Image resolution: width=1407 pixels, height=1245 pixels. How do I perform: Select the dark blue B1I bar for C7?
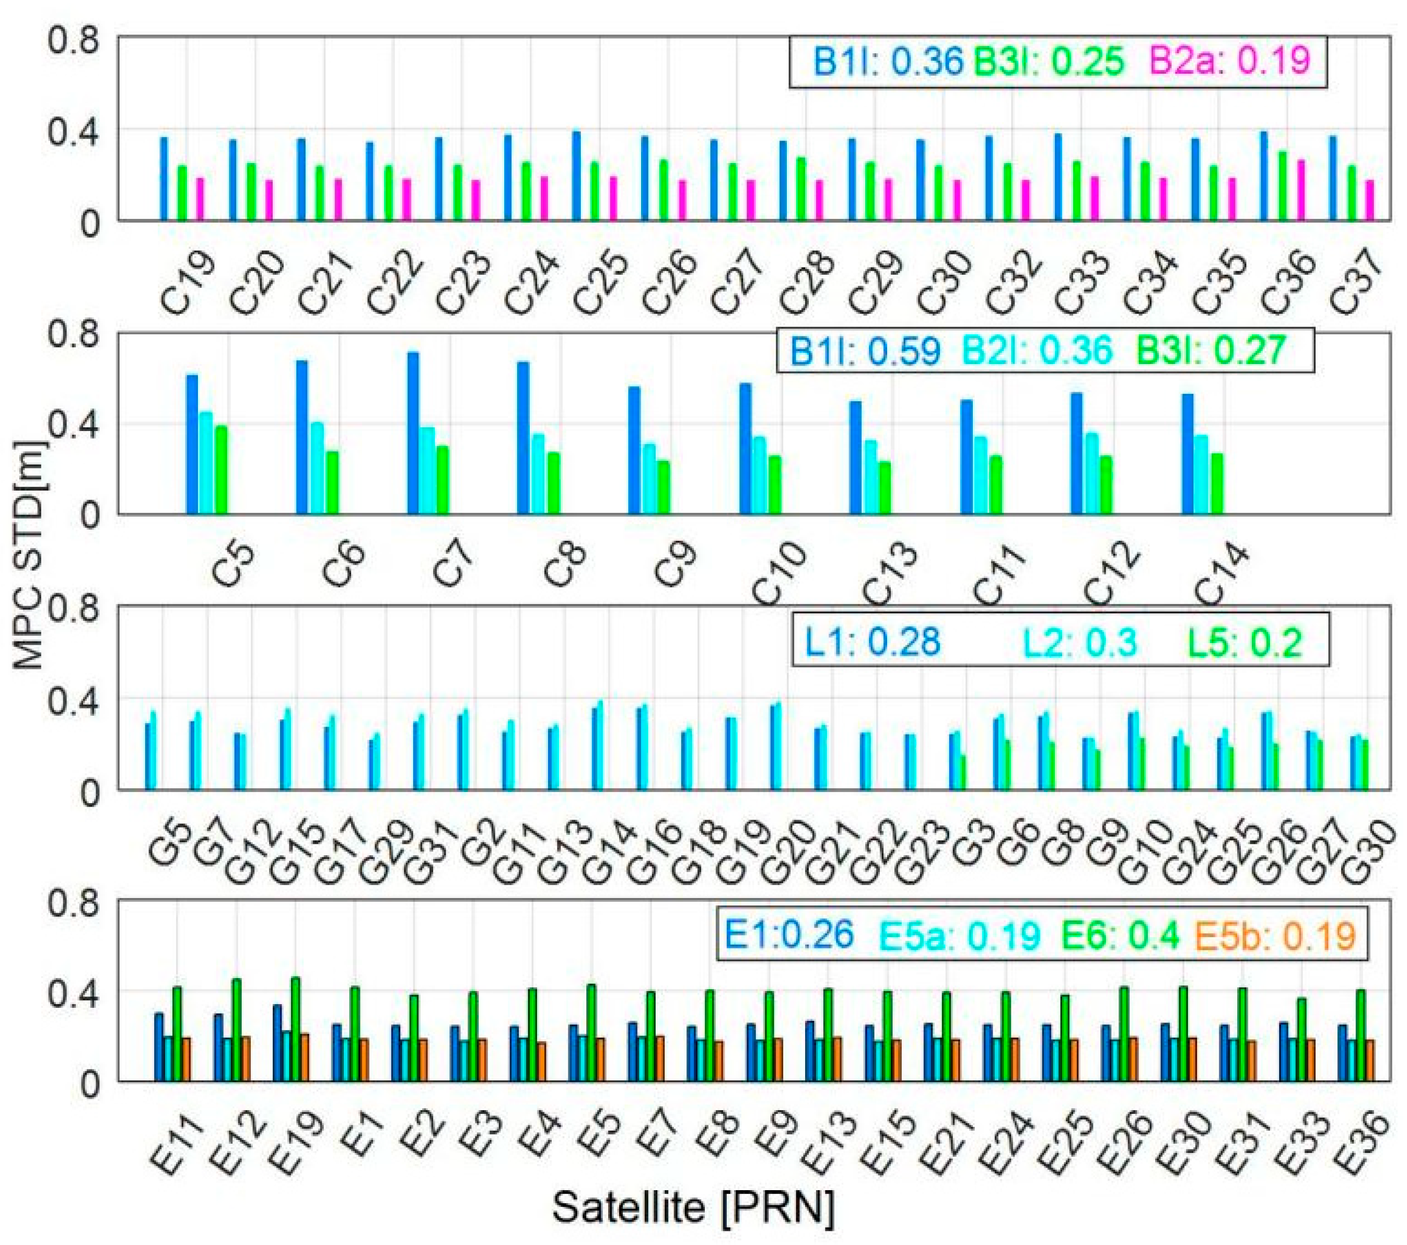coord(413,434)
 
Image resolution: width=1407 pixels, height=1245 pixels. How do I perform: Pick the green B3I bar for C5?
coord(221,470)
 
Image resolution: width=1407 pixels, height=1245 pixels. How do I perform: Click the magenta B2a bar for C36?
coord(1301,191)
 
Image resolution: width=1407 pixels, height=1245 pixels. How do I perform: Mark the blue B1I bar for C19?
coord(164,179)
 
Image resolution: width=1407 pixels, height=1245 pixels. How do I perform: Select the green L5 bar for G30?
coord(1366,765)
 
